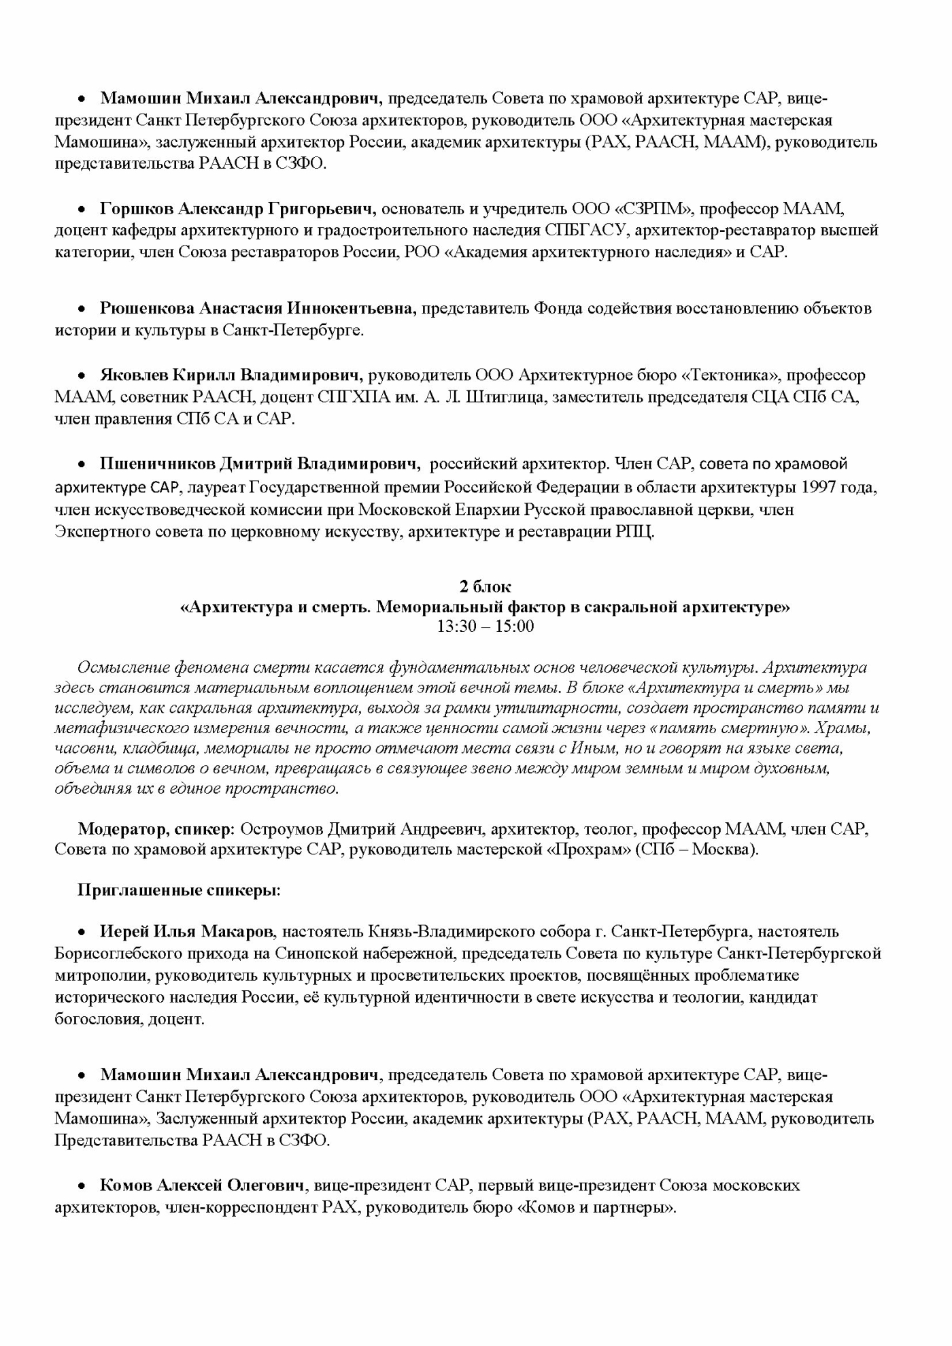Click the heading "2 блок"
point(485,586)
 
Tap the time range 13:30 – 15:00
point(485,626)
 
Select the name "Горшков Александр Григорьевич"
point(237,208)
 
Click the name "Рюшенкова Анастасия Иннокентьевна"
point(257,308)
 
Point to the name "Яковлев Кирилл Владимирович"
point(231,375)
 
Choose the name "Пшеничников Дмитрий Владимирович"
point(258,465)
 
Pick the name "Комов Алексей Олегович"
point(201,1185)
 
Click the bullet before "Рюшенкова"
point(82,309)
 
